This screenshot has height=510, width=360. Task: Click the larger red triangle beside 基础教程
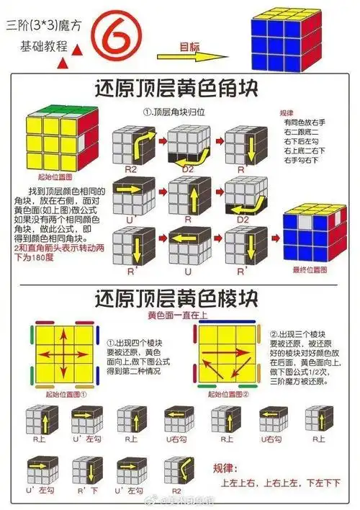click(x=63, y=62)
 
